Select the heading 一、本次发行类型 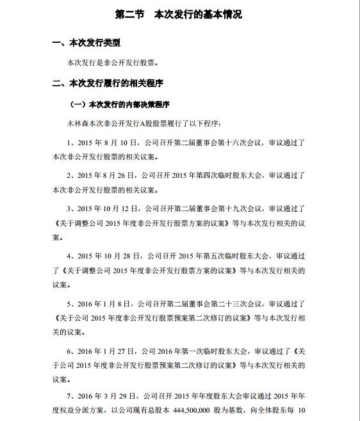coord(86,44)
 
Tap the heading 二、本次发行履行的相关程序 coord(109,83)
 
